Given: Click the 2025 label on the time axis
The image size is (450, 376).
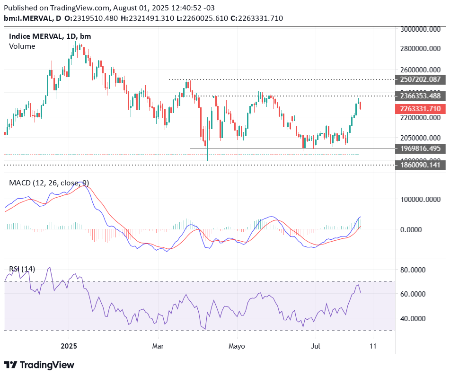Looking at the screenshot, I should (69, 346).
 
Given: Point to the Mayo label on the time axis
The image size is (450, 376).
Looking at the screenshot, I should (237, 346).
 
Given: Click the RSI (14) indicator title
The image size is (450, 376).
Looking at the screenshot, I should (22, 269).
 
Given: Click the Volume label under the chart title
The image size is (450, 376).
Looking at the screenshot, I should (22, 46).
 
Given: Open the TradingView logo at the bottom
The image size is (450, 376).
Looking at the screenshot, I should (39, 365).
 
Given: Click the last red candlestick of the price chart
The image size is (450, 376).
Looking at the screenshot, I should (361, 105).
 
